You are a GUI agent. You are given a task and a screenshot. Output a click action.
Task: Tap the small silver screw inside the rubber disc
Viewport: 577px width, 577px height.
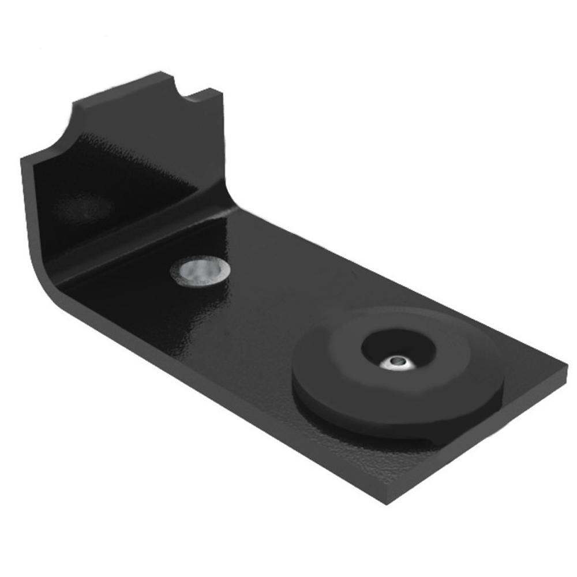tap(398, 362)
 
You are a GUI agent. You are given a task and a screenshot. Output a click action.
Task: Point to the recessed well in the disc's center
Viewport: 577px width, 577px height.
tap(398, 349)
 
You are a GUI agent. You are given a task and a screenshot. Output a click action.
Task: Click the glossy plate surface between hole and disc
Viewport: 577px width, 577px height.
tap(271, 306)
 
